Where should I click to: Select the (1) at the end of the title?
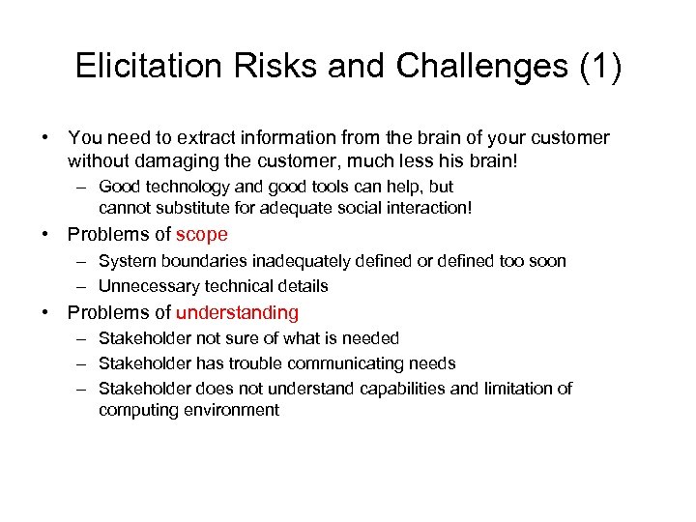tap(599, 66)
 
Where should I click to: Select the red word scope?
tap(202, 235)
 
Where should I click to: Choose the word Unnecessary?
tap(146, 286)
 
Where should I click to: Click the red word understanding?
tap(238, 312)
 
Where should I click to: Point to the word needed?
tap(369, 338)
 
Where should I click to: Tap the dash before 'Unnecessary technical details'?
tap(78, 286)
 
